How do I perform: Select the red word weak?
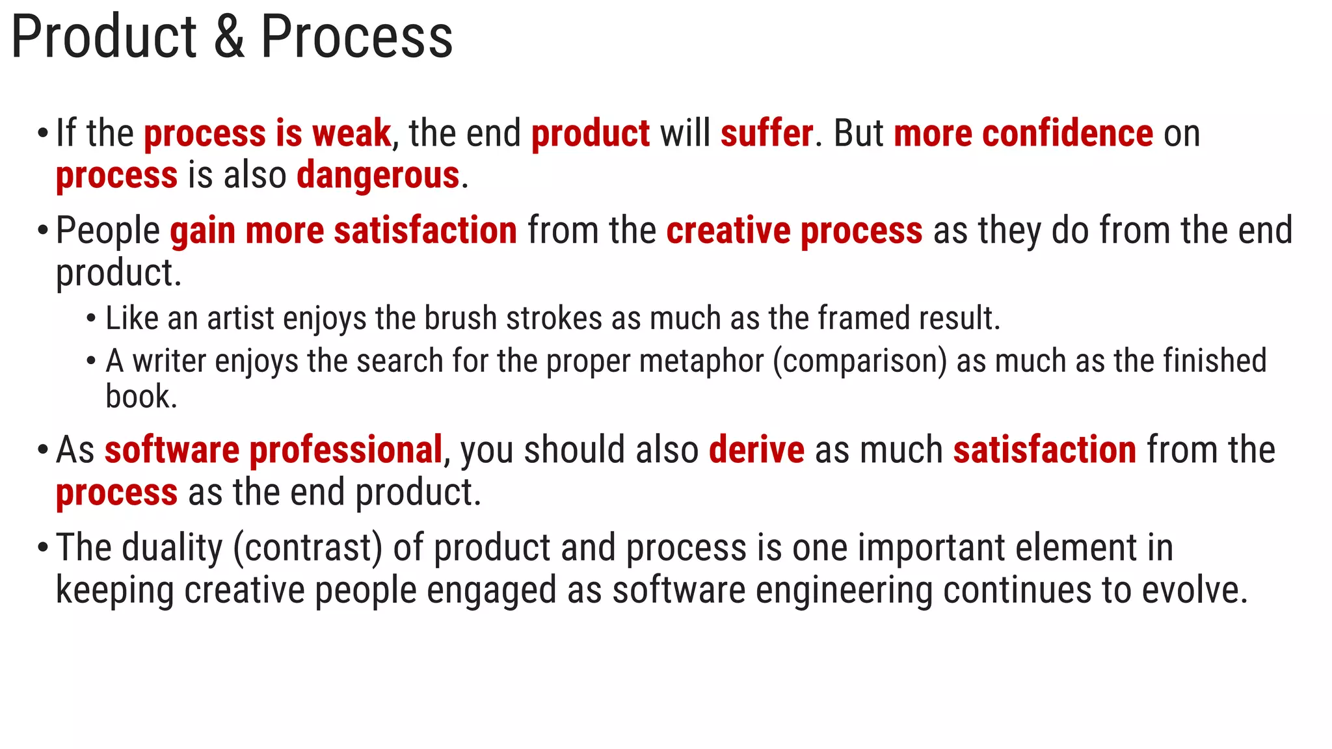coord(351,133)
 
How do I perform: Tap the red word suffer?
coord(767,133)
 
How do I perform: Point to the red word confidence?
coord(1067,133)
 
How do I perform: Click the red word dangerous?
coord(378,176)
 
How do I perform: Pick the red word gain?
coord(202,231)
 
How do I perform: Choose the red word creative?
coord(728,231)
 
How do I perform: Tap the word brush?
coord(460,319)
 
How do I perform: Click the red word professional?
coord(346,450)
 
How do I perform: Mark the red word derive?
coord(756,450)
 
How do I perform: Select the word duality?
coord(172,547)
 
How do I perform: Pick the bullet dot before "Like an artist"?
coord(91,319)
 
